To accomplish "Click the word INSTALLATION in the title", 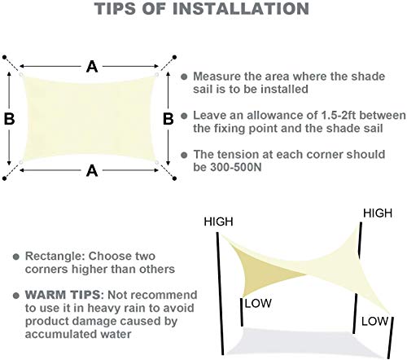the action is [241, 8].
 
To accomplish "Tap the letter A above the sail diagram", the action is [92, 67].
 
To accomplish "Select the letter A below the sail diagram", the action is [92, 171].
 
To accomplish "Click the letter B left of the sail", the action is [10, 119].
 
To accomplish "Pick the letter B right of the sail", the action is [168, 119].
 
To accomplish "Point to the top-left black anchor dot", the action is [4, 57].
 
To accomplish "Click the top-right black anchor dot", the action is [174, 57].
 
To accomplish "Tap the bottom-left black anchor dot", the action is [4, 178].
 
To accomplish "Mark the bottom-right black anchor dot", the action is [174, 178].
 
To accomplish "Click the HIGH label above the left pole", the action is [218, 222].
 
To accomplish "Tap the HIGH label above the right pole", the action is [378, 213].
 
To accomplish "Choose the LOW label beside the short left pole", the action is [258, 303].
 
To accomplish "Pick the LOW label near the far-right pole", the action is [374, 322].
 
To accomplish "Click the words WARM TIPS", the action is [63, 295].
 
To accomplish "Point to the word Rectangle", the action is [55, 257].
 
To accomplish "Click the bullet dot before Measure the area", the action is [184, 77].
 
